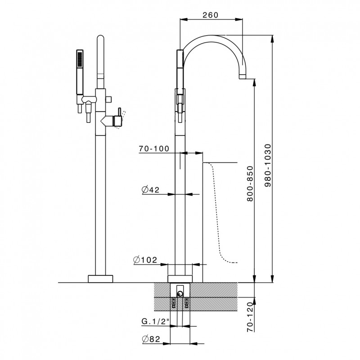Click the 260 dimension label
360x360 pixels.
pyautogui.click(x=210, y=15)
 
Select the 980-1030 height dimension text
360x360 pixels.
pyautogui.click(x=268, y=165)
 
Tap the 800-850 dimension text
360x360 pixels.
pyautogui.click(x=250, y=184)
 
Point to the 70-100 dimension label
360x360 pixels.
pyautogui.click(x=154, y=148)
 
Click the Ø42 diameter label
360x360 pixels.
pyautogui.click(x=151, y=189)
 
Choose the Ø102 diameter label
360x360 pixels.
pyautogui.click(x=145, y=260)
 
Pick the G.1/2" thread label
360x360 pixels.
pyautogui.click(x=155, y=321)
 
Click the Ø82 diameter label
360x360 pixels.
pyautogui.click(x=151, y=339)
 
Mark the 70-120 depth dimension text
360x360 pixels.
pyautogui.click(x=250, y=317)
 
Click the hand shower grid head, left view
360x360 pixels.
pyautogui.click(x=80, y=59)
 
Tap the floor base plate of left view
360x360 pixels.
pyautogui.click(x=100, y=279)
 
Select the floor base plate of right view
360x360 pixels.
pyautogui.click(x=180, y=279)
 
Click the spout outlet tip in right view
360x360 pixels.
pyautogui.click(x=243, y=76)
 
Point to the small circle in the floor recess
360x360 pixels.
pyautogui.click(x=180, y=293)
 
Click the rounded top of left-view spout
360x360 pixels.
pyautogui.click(x=100, y=38)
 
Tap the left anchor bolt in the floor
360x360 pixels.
pyautogui.click(x=174, y=302)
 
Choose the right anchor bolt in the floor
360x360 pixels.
pyautogui.click(x=186, y=302)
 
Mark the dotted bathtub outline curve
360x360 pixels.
pyautogui.click(x=217, y=212)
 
